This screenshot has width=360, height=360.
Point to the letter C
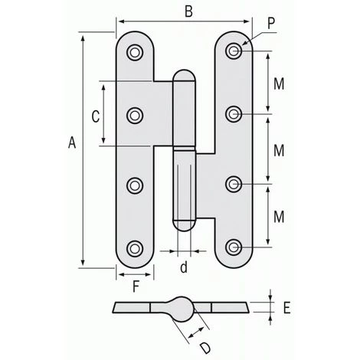pos(95,116)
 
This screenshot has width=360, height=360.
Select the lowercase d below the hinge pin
pos(183,267)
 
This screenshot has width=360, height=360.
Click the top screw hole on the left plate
pos(135,52)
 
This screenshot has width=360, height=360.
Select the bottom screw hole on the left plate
pos(135,247)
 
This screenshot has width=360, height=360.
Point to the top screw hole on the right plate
pos(234,51)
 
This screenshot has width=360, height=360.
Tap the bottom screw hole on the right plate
pos(234,247)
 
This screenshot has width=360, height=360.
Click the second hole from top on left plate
pos(135,116)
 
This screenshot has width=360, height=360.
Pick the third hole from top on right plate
pos(234,183)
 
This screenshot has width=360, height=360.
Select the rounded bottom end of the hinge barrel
pos(184,223)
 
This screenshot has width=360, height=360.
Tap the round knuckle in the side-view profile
pos(182,304)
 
